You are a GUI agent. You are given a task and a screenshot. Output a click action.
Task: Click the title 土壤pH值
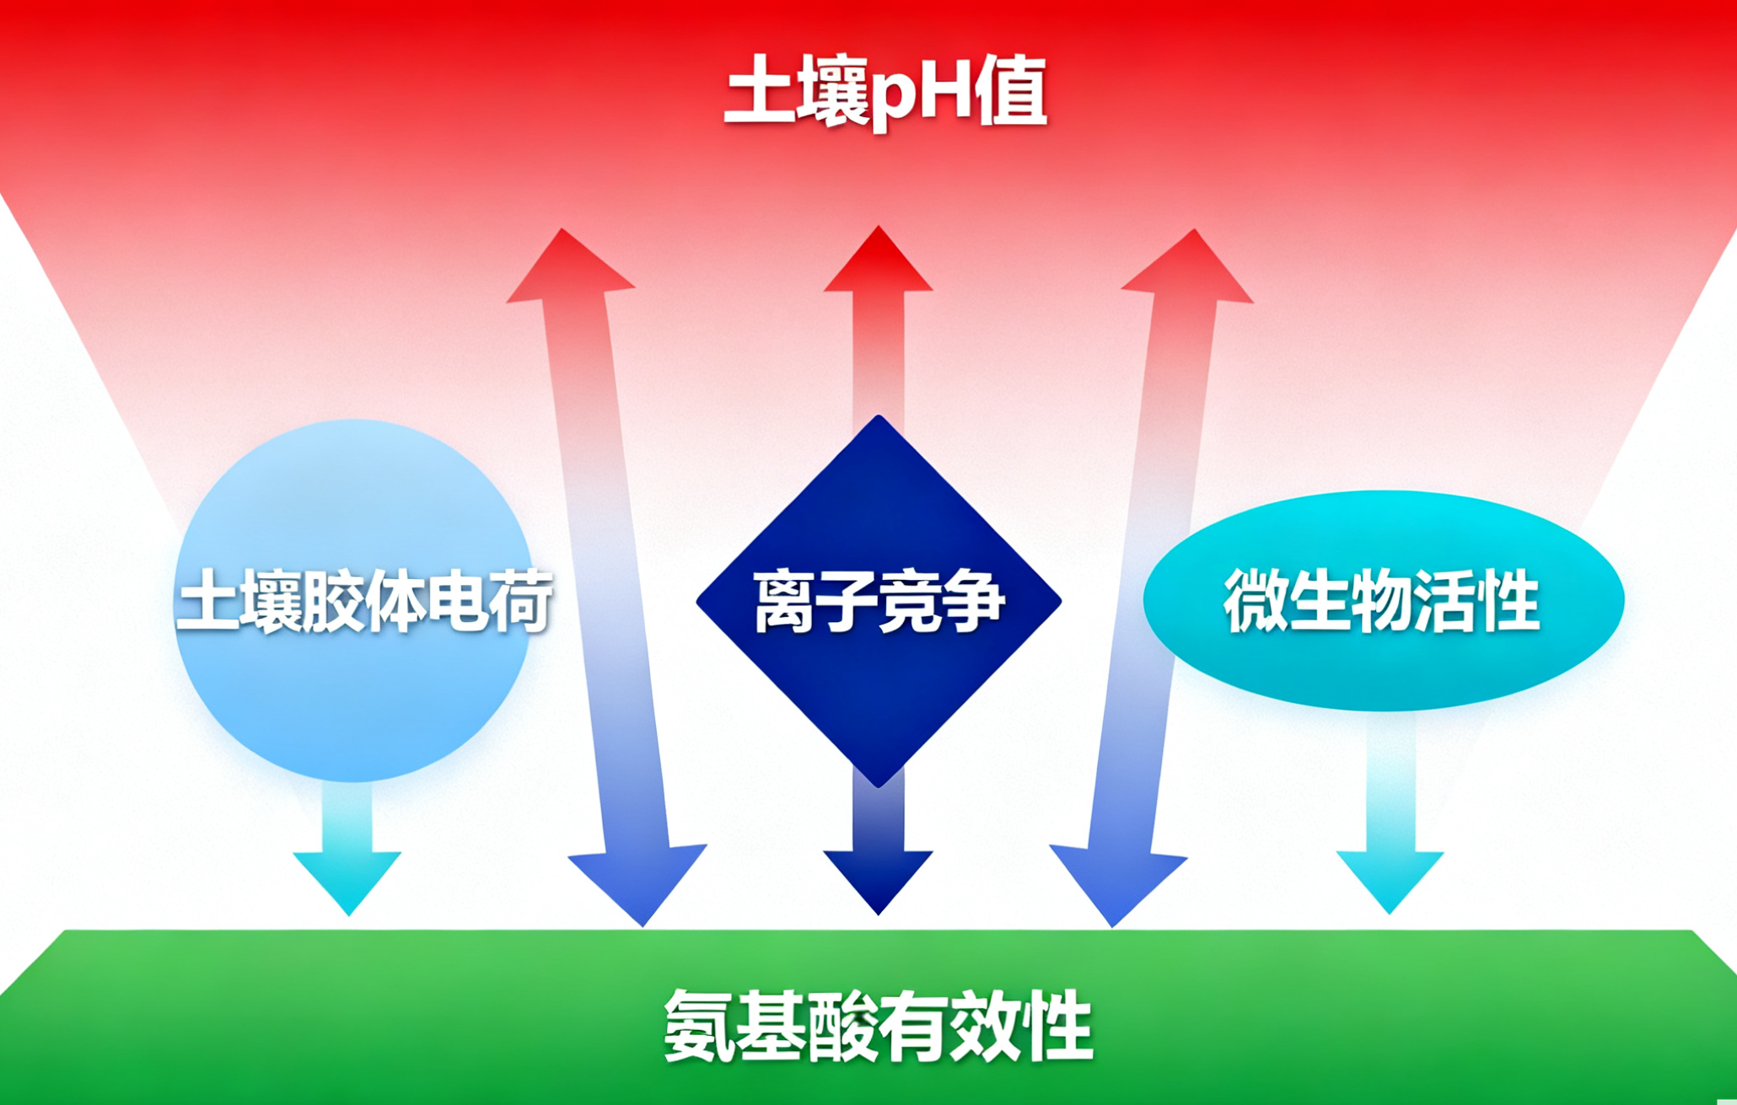885,93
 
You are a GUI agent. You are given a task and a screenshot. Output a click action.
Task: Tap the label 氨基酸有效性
878,1027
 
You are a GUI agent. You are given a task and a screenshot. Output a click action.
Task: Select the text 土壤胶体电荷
364,601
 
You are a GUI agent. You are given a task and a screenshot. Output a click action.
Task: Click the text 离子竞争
879,601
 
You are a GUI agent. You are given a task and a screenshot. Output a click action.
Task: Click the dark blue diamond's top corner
879,421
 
